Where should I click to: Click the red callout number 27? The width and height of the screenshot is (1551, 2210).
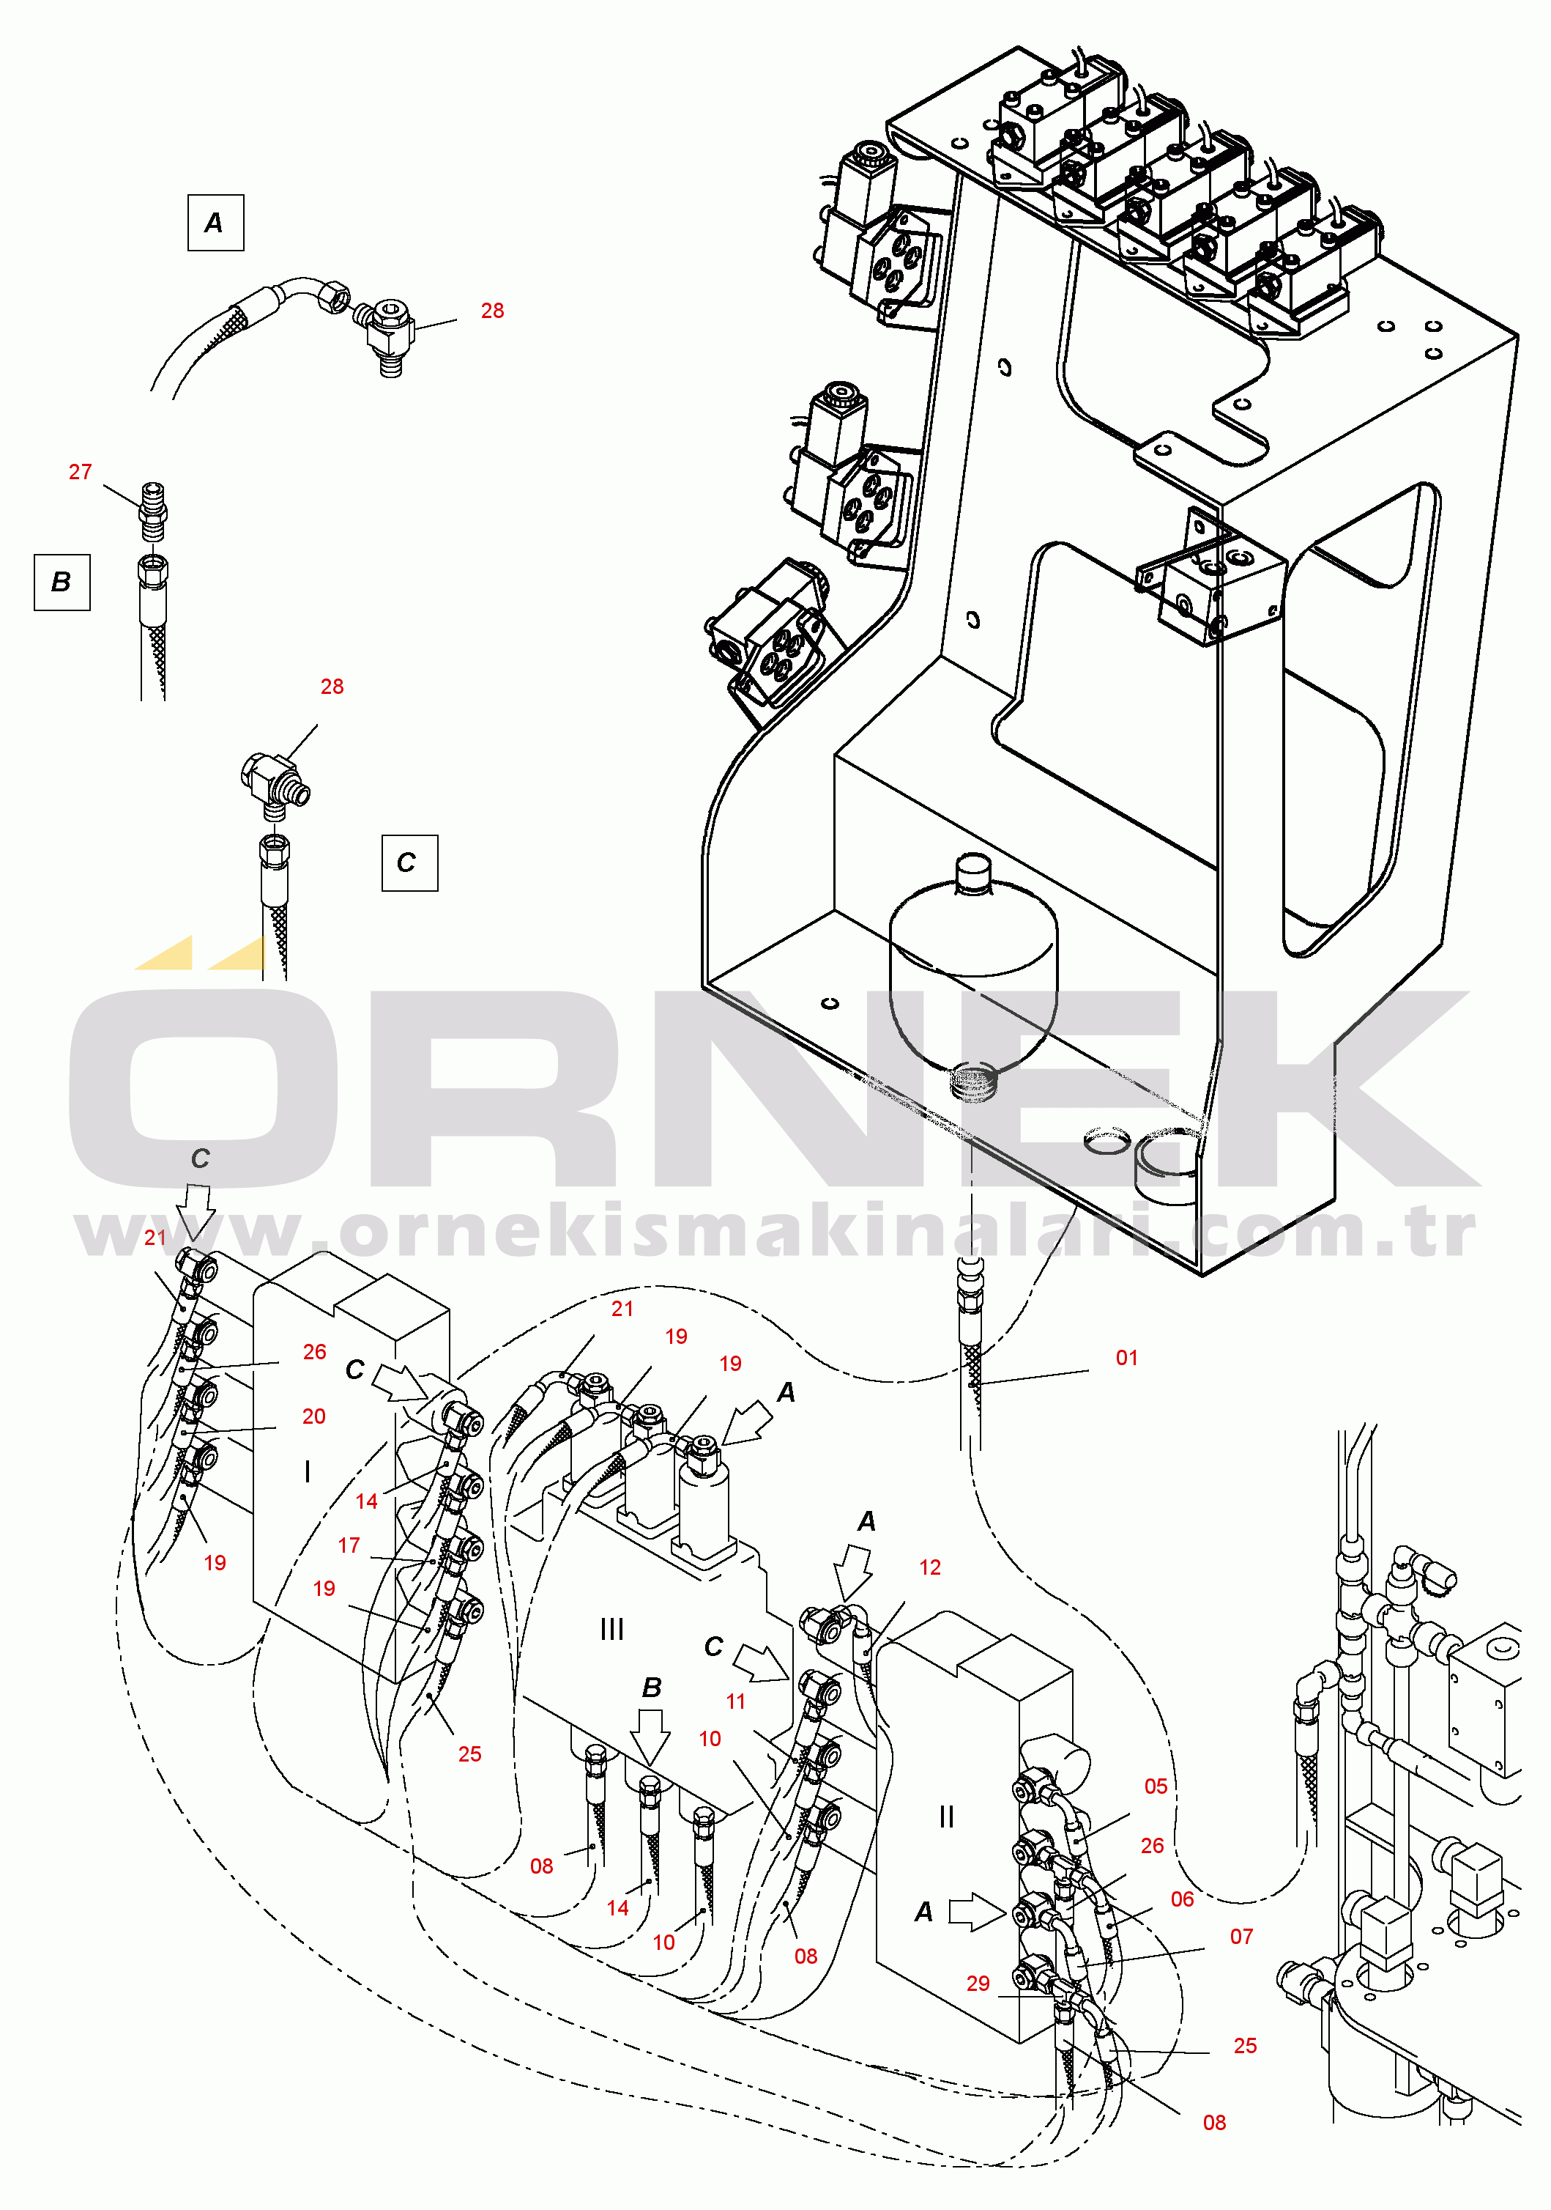80,472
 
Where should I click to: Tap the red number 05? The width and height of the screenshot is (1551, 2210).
1156,1786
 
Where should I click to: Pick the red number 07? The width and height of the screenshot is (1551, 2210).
1241,1936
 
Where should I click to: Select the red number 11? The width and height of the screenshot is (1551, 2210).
736,1701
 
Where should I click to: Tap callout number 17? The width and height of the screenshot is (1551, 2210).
349,1545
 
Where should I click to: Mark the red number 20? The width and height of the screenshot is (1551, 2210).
313,1416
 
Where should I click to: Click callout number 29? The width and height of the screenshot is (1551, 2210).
978,1983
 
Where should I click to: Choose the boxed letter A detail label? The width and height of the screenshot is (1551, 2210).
215,222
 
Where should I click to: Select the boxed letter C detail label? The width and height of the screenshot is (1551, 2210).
409,862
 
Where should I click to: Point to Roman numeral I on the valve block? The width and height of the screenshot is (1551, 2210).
307,1471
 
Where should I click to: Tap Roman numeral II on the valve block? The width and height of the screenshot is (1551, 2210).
947,1817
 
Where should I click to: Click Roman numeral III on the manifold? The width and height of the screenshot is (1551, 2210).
612,1629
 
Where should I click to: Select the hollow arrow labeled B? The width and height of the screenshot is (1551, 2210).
652,1732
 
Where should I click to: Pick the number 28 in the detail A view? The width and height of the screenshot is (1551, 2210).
491,310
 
